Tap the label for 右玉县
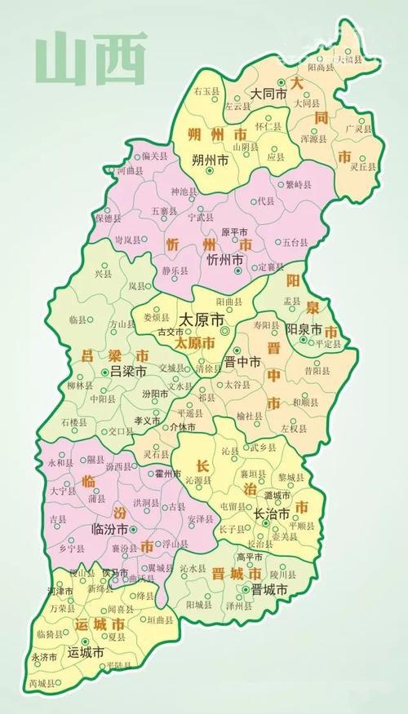206,94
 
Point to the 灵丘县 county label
363,166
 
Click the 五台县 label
296,242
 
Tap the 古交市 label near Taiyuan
171,333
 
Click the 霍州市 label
166,474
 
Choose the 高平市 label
249,557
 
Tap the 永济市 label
44,657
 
